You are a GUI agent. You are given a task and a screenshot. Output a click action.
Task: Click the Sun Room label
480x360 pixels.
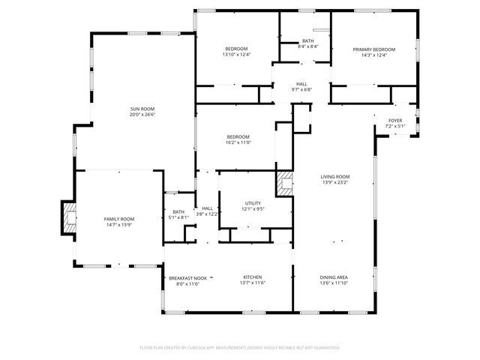point(142,109)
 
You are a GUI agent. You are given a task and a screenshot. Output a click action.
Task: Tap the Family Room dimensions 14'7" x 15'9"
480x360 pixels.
point(118,223)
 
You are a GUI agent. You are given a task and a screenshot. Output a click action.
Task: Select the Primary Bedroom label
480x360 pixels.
point(373,49)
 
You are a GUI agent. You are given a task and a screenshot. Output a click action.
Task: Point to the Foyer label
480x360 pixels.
point(394,121)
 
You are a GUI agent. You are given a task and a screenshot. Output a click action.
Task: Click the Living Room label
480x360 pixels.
point(335,176)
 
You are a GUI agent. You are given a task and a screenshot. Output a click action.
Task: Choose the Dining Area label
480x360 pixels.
point(334,277)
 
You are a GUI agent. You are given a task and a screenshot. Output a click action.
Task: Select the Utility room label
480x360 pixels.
point(253,203)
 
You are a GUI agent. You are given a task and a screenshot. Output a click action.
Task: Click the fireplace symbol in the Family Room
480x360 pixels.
point(69,219)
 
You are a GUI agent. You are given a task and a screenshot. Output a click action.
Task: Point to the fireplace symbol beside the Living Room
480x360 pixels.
point(285,184)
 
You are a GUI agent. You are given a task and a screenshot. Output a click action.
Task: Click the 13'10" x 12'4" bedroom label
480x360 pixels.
point(236,49)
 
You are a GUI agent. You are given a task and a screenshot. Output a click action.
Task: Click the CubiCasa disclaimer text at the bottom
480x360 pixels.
point(240,347)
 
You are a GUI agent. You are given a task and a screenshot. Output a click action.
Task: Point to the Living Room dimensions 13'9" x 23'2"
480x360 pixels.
point(335,182)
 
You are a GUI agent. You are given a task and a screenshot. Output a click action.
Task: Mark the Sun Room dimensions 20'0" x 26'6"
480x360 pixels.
point(142,115)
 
